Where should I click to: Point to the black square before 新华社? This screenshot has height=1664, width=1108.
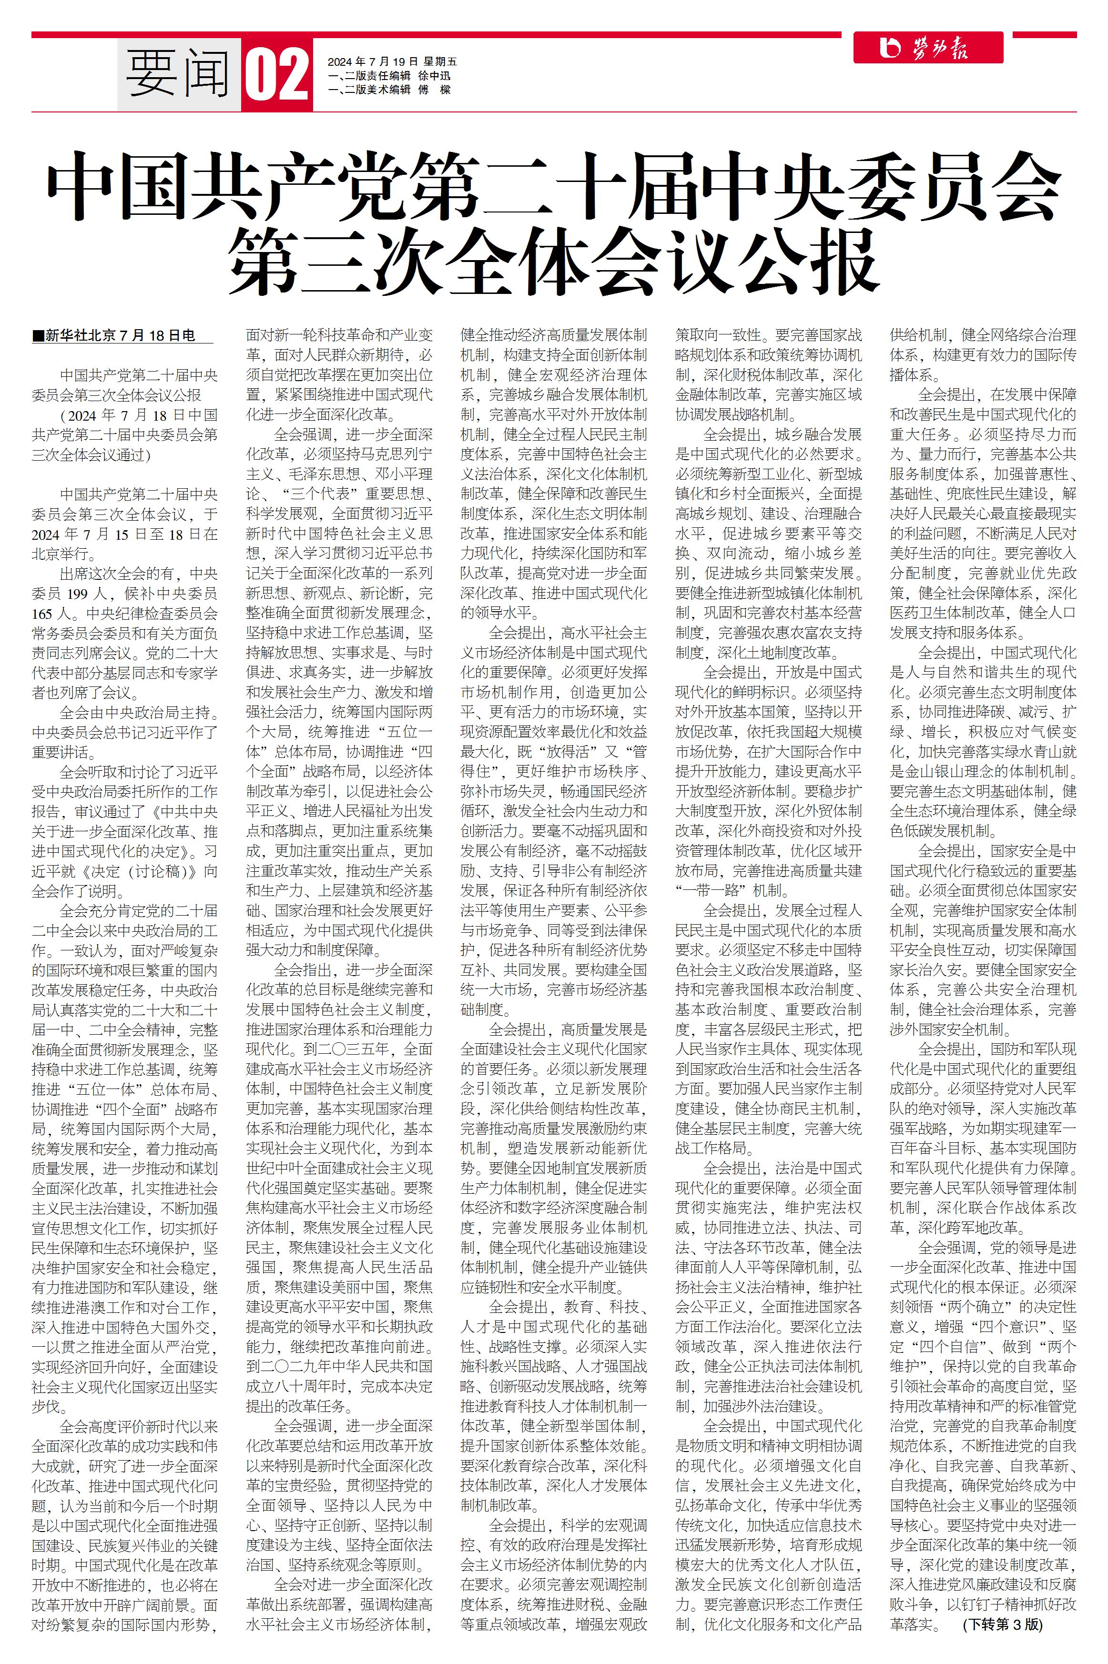[38, 336]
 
